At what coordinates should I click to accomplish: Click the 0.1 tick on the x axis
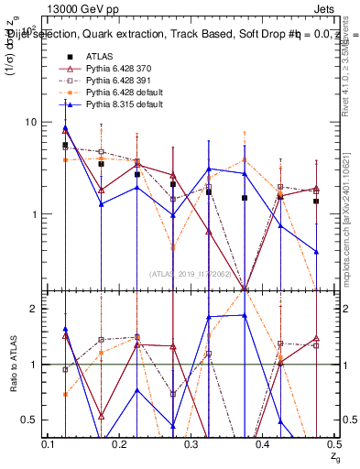tap(51, 443)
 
